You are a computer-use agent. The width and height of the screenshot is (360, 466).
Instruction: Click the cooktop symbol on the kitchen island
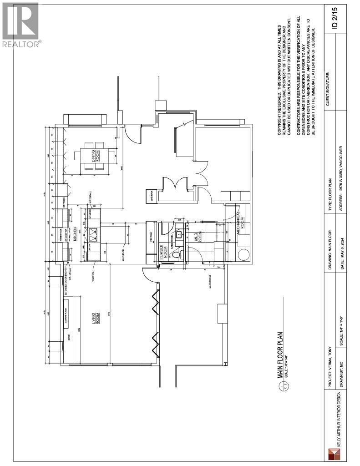point(94,234)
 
